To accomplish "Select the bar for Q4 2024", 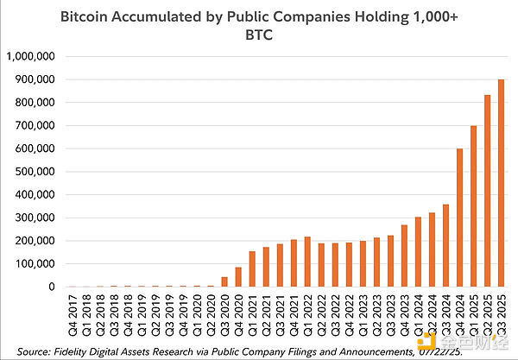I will pyautogui.click(x=460, y=218).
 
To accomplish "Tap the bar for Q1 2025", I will pyautogui.click(x=474, y=206).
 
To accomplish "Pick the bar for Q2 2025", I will pyautogui.click(x=488, y=191).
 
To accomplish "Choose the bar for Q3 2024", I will pyautogui.click(x=446, y=245).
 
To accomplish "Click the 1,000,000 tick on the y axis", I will pyautogui.click(x=31, y=56).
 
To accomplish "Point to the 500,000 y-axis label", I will pyautogui.click(x=34, y=172).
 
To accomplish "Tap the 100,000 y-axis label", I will pyautogui.click(x=34, y=263).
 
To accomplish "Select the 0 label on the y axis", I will pyautogui.click(x=53, y=287).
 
